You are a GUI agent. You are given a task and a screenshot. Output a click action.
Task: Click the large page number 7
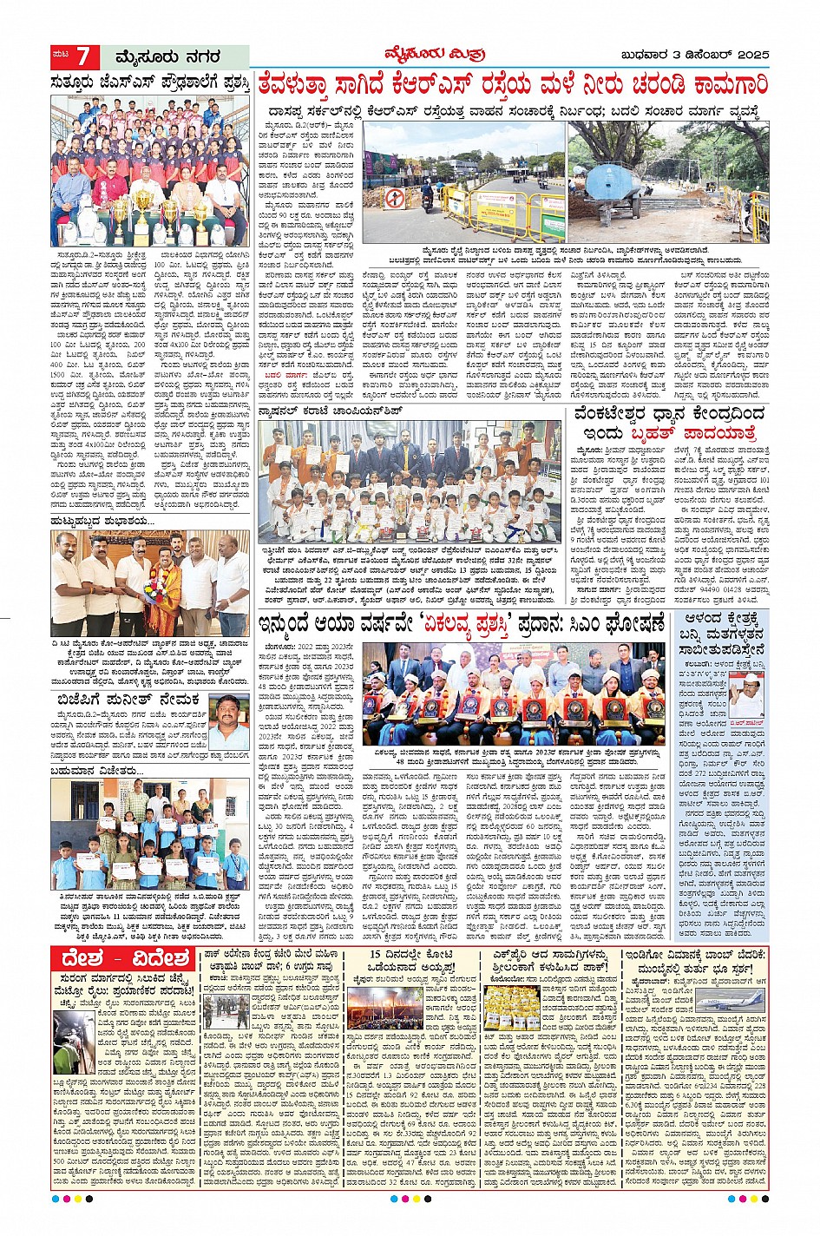pos(84,57)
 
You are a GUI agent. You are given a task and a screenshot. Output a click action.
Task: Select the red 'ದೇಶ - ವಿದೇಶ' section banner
pos(122,959)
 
